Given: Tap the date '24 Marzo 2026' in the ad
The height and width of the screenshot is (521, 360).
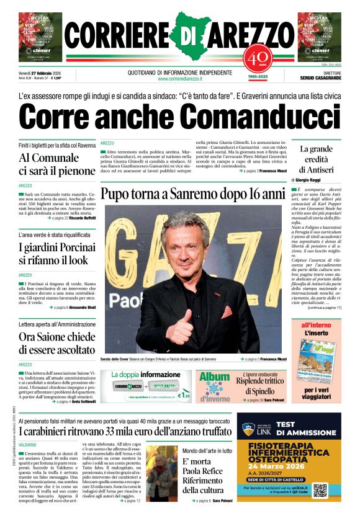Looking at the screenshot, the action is click(290, 466).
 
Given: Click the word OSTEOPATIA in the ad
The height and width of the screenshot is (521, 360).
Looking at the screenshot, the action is click(289, 456).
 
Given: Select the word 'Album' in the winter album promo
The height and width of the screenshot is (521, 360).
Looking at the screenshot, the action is click(214, 377).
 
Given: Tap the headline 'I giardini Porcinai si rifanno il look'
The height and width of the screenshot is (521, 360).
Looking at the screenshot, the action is click(53, 254).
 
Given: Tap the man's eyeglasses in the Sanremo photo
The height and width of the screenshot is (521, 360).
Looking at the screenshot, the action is click(189, 243).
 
